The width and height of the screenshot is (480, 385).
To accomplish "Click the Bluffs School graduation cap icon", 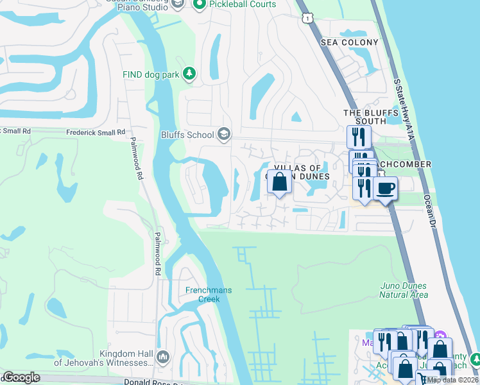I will coord(224,134).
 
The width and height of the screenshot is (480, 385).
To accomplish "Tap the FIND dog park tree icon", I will coord(189,74).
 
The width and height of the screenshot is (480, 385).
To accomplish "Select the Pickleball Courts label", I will coord(241,4).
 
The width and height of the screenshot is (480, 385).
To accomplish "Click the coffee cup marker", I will coord(386,189).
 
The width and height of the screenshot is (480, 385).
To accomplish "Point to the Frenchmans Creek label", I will coord(209,295).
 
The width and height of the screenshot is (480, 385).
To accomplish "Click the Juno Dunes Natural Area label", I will coord(403,290).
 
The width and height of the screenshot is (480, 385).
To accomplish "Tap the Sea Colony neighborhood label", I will coord(350,42).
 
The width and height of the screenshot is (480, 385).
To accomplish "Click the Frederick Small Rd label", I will coord(96,132).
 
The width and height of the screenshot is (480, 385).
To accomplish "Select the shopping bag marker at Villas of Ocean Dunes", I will coord(279,182).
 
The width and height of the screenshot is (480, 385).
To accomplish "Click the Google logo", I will coord(21,377).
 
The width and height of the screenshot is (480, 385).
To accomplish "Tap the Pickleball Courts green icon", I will coord(198,4).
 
